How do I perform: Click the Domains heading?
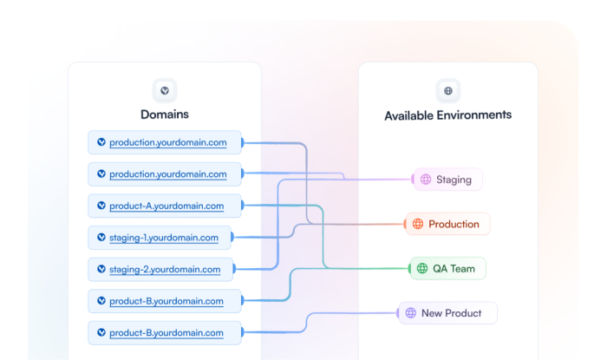point(164,114)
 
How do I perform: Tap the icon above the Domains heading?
point(164,90)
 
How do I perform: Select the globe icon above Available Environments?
point(448,90)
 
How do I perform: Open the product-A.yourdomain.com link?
point(166,206)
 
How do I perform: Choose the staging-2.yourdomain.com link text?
point(165,269)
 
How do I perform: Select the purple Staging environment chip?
point(447,180)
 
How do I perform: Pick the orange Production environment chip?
point(448,224)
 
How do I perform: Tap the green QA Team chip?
point(448,268)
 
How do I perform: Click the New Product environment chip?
point(448,313)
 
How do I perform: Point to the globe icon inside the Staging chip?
point(426,180)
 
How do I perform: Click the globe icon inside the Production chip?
point(418,224)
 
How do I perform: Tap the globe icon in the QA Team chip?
point(422,268)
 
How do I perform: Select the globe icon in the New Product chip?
point(411,313)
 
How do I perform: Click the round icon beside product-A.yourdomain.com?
point(101,206)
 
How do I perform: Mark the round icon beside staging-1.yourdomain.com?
point(101,238)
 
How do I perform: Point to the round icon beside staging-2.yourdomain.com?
point(101,269)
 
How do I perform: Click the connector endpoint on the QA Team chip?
point(410,268)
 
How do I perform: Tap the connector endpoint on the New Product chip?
point(399,313)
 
